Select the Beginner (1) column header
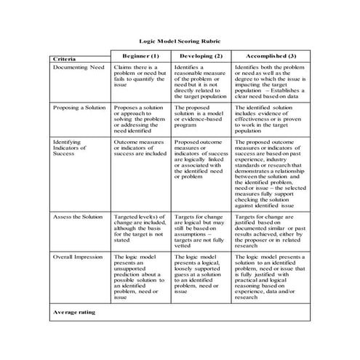click(140, 56)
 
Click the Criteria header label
click(67, 58)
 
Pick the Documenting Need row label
click(79, 67)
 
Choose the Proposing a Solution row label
click(80, 107)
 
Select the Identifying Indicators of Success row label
click(73, 148)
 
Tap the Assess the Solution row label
click(78, 217)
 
